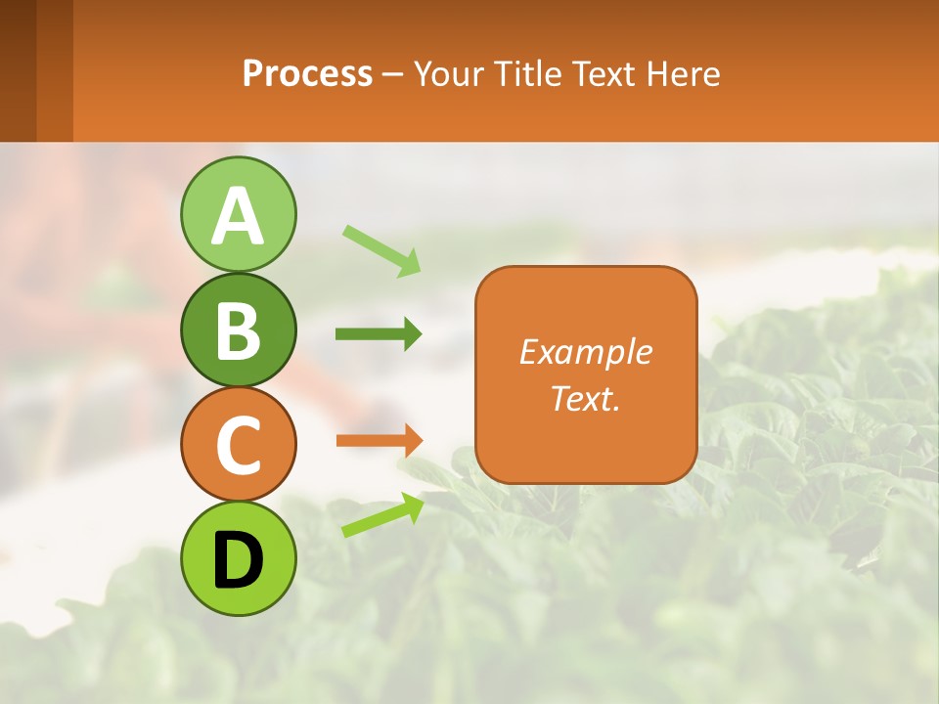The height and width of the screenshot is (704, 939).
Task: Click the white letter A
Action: tap(238, 216)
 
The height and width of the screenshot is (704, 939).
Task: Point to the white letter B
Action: tap(238, 330)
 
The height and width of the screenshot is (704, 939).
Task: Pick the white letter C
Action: tap(238, 445)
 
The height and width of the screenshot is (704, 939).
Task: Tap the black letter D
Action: tap(238, 560)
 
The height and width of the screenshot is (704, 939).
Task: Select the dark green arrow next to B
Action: tap(379, 334)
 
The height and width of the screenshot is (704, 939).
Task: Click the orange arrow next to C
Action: tap(379, 440)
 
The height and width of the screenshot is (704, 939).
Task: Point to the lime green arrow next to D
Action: tap(382, 514)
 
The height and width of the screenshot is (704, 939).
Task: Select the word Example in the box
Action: tap(586, 351)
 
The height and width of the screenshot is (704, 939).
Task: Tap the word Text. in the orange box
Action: tap(586, 398)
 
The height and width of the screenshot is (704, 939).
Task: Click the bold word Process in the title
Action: tap(307, 73)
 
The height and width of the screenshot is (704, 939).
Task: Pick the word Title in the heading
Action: tap(527, 73)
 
